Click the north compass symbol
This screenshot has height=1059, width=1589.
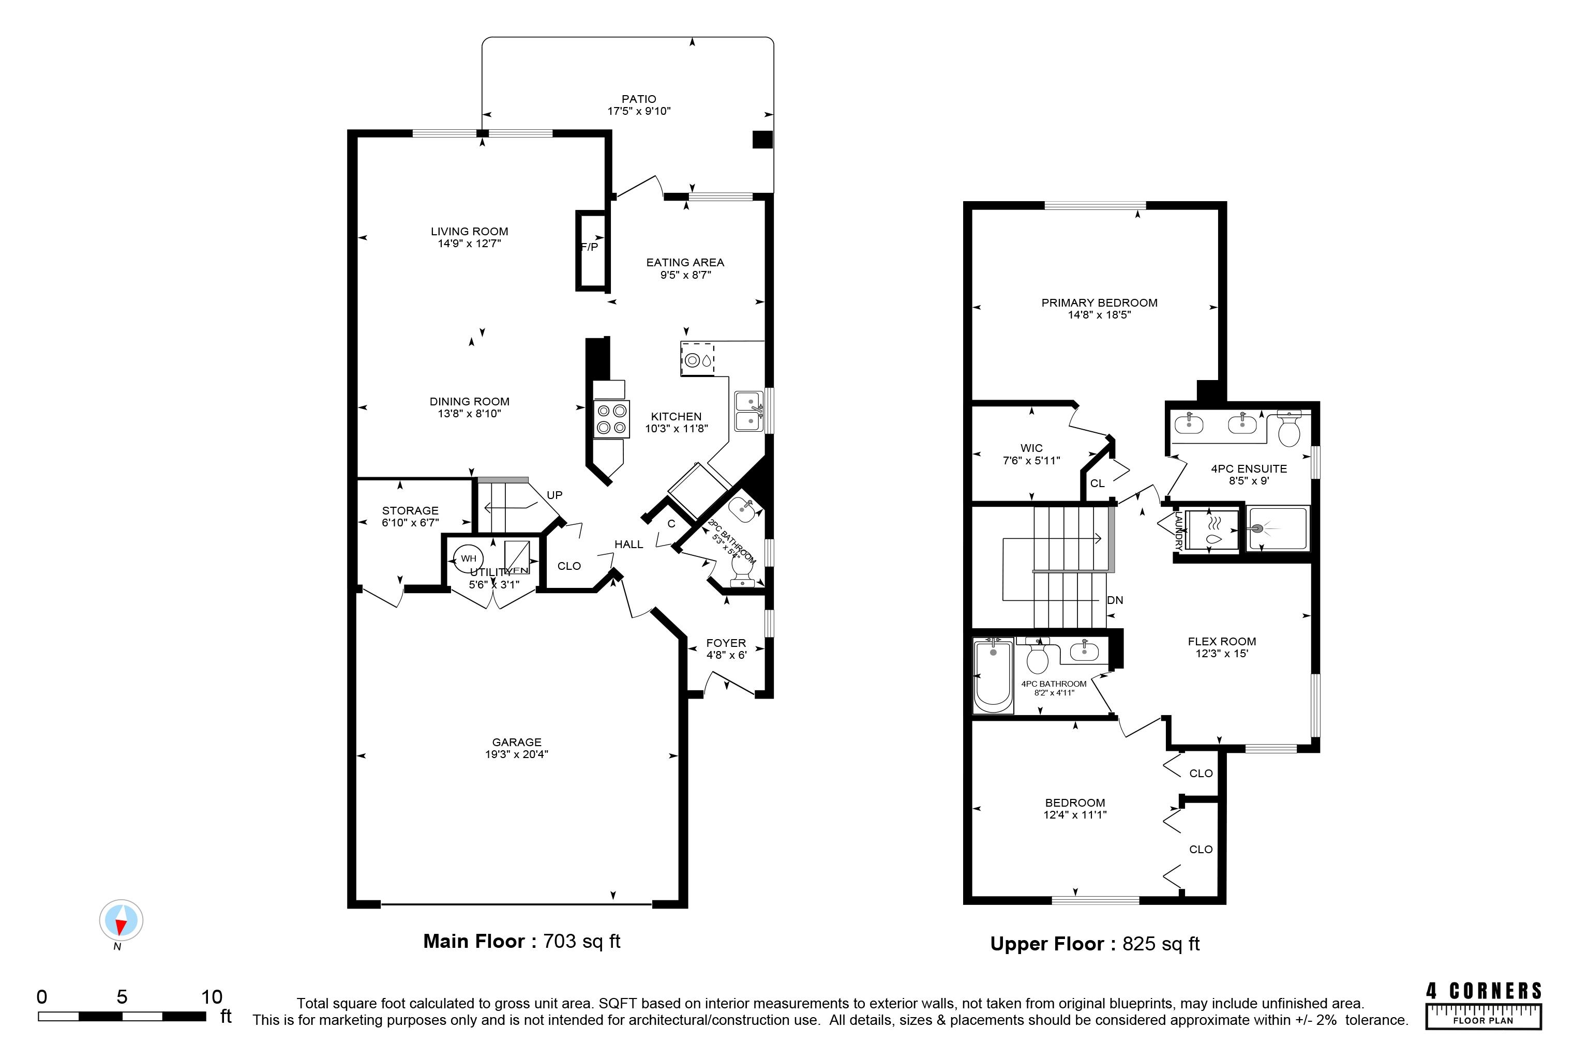tap(122, 920)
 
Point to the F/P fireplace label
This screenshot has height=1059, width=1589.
tap(590, 247)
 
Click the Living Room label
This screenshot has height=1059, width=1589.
tap(470, 231)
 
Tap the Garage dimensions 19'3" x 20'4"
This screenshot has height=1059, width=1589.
tap(517, 754)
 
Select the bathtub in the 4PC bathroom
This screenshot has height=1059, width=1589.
tap(993, 676)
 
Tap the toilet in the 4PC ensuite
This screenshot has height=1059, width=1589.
tap(1290, 428)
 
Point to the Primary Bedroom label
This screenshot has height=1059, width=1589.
tap(1099, 302)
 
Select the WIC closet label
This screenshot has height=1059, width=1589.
tap(1031, 448)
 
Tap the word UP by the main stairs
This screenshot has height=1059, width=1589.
tap(554, 495)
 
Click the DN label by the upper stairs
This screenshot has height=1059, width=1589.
tap(1115, 600)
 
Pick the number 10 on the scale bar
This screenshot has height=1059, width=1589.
tap(212, 997)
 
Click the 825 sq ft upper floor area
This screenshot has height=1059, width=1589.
tap(1161, 944)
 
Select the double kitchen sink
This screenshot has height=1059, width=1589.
tap(749, 411)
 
